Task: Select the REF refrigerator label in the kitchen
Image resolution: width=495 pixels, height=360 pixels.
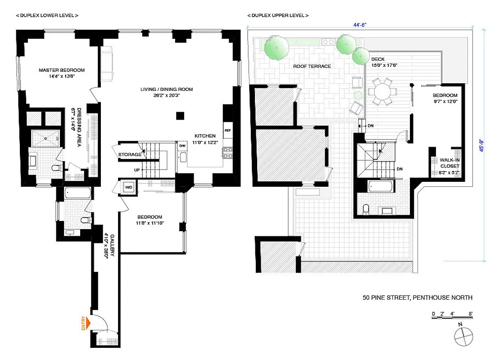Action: [x=227, y=130]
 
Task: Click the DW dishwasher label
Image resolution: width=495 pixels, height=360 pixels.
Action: [x=182, y=146]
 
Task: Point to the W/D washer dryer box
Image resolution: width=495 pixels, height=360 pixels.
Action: [x=128, y=187]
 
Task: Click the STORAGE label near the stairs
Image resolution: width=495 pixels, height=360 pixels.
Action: [x=130, y=155]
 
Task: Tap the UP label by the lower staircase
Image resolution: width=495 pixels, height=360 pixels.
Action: [x=136, y=170]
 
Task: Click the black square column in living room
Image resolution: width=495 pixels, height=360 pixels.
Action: [x=180, y=116]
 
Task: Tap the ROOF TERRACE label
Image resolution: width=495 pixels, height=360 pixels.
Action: [x=312, y=67]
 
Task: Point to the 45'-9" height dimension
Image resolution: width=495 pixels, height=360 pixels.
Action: [x=486, y=147]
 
